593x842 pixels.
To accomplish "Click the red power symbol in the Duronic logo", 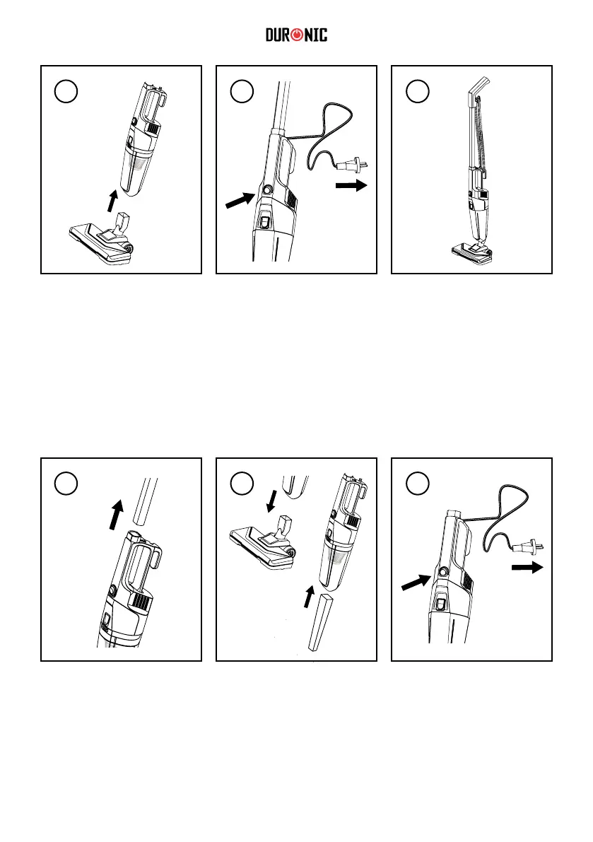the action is click(295, 35).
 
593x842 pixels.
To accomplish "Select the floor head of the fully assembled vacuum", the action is click(470, 251).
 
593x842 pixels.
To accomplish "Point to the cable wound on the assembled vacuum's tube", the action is click(480, 134).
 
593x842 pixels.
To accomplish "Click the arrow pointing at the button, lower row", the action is click(416, 582).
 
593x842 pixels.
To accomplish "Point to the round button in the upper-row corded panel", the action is click(268, 190).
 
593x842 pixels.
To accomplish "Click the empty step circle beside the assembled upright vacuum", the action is click(417, 90).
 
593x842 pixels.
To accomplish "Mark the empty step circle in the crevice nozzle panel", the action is click(242, 482).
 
